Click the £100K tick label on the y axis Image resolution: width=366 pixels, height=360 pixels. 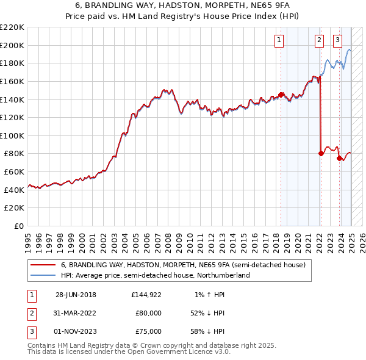[12, 135]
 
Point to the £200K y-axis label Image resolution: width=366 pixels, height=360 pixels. [12, 45]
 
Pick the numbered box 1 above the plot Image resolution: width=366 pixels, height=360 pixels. [279, 41]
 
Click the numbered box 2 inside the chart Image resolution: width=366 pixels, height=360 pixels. [319, 41]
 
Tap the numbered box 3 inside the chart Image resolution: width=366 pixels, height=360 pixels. [337, 41]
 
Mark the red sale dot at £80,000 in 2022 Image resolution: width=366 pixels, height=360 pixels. [321, 153]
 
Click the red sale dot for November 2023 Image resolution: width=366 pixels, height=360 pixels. [339, 158]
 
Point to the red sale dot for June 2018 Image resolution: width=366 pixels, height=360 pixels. [281, 95]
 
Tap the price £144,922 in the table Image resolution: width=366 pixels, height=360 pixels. [146, 295]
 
